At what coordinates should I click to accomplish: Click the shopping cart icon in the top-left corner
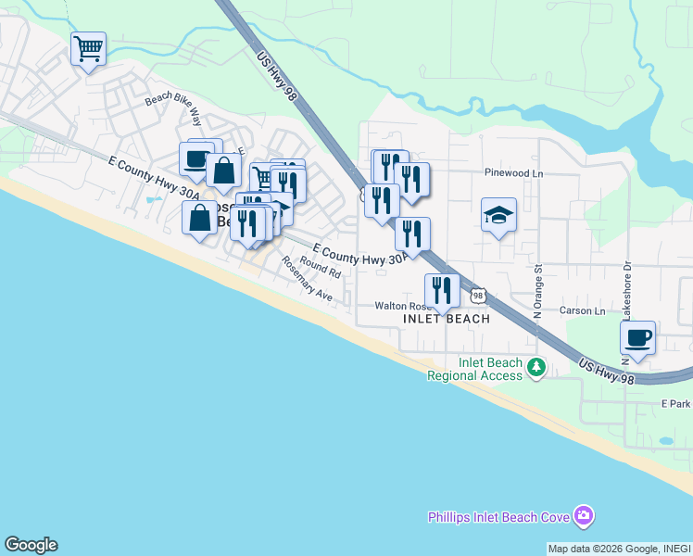[88, 47]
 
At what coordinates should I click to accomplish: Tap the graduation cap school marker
[498, 215]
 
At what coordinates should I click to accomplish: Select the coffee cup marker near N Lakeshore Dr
[637, 338]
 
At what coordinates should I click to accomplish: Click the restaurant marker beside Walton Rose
[442, 291]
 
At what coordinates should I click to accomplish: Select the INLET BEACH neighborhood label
[447, 319]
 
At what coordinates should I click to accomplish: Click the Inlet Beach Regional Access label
[474, 370]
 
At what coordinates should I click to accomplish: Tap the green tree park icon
[536, 369]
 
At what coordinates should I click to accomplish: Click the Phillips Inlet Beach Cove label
[498, 516]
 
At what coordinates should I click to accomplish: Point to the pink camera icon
[583, 515]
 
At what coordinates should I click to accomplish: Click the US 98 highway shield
[477, 296]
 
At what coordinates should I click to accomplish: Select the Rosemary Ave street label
[307, 280]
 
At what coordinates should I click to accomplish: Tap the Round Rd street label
[321, 270]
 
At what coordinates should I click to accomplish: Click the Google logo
[31, 545]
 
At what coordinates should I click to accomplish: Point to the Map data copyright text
[619, 549]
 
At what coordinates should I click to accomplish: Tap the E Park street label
[675, 405]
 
